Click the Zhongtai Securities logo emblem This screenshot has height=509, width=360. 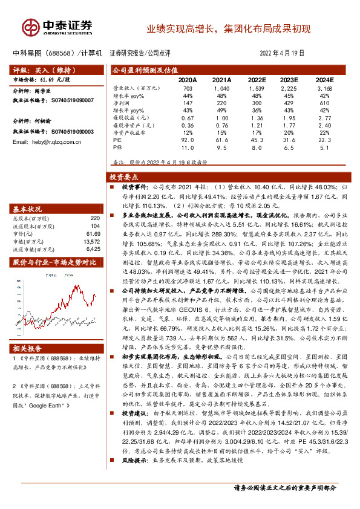click(x=29, y=27)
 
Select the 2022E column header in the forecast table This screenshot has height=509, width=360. click(x=256, y=79)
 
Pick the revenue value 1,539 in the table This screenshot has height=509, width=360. click(x=257, y=88)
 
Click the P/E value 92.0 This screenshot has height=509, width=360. click(x=189, y=138)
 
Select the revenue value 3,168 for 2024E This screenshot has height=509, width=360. click(x=324, y=88)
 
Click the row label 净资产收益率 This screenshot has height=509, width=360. click(x=131, y=131)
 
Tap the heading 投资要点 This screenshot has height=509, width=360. click(x=124, y=177)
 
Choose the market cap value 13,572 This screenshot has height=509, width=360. click(x=90, y=241)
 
